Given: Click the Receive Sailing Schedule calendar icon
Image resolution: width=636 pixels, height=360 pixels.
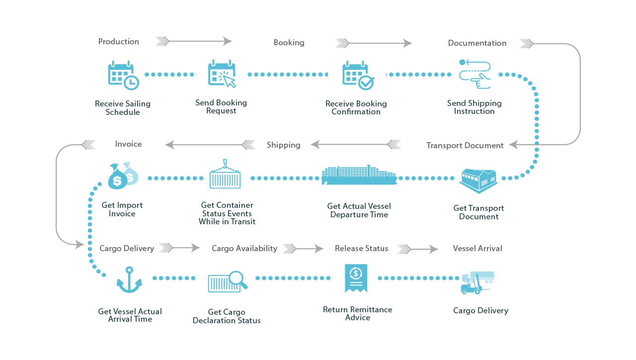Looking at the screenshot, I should tap(120, 75).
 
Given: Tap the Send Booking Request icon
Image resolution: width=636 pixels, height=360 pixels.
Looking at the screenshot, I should tap(221, 74).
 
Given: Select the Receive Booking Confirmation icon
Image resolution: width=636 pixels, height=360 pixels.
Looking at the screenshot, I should tap(357, 75).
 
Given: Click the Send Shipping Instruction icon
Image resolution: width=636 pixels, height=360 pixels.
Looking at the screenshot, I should tap(475, 75).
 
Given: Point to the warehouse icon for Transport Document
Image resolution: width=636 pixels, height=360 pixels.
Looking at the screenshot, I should tap(477, 180).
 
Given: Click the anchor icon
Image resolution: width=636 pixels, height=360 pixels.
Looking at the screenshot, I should tap(129, 280).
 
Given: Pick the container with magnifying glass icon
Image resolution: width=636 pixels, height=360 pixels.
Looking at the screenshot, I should tap(226, 281).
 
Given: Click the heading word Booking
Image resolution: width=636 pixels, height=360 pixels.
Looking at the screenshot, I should tap(289, 43).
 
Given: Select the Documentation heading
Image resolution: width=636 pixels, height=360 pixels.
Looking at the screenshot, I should tap(477, 43).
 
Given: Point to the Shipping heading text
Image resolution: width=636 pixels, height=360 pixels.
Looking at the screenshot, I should tap(283, 145).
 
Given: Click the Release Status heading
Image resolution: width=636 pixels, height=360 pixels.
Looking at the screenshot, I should tap(361, 248).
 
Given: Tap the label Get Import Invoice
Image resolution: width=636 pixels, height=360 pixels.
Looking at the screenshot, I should tap(122, 209).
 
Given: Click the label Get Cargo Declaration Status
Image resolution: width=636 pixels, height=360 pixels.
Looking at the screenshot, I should tap(227, 316).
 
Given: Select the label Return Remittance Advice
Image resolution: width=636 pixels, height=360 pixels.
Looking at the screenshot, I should tap(357, 313).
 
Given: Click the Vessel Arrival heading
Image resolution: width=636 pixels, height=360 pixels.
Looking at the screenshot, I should tap(477, 248).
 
